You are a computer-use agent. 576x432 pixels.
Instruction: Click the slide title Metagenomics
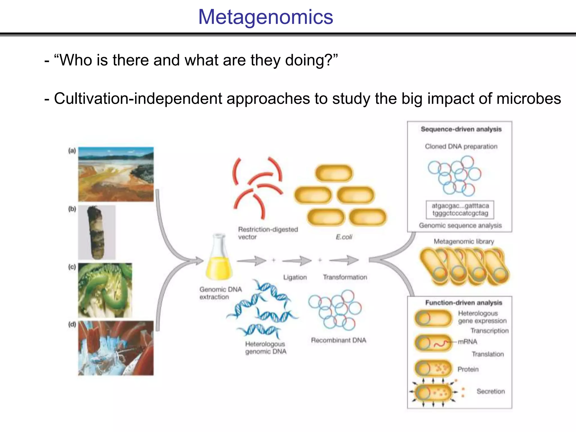(x=265, y=17)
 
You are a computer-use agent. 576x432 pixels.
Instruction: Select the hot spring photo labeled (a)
(x=116, y=174)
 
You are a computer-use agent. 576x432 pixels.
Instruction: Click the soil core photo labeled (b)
(x=97, y=232)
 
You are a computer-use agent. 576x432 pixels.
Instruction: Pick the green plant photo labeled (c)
(x=105, y=290)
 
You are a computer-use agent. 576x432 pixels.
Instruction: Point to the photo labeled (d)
(x=116, y=348)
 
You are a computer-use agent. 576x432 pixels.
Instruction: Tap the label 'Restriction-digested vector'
(x=267, y=233)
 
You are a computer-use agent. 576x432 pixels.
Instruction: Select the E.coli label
(x=344, y=237)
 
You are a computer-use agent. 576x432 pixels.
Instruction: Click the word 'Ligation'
(x=295, y=277)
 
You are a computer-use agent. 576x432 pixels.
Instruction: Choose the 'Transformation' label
(x=345, y=277)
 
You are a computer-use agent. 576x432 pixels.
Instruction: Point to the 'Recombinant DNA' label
(x=339, y=340)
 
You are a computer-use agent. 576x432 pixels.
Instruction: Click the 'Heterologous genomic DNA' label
(x=265, y=348)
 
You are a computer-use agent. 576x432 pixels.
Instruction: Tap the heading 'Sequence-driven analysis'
(x=461, y=129)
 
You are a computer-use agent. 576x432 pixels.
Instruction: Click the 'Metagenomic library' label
(x=463, y=242)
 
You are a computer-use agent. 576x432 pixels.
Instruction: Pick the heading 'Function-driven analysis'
(x=463, y=303)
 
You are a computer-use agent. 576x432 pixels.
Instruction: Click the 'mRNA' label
(x=467, y=342)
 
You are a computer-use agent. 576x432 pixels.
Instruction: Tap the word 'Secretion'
(x=490, y=391)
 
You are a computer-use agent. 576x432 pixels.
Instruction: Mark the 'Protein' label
(x=468, y=369)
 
